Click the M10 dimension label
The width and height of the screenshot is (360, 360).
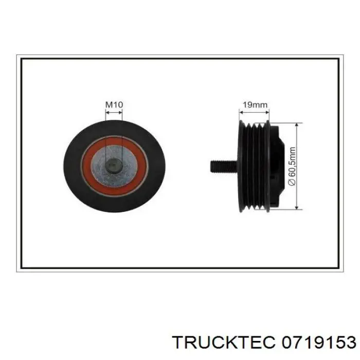114,104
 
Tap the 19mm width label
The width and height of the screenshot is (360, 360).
255,104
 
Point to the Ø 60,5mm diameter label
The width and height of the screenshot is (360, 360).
292,166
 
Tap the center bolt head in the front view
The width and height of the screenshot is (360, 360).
114,166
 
